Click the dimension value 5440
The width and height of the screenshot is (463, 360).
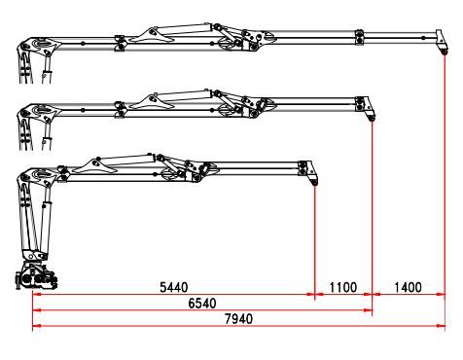pos(174,287)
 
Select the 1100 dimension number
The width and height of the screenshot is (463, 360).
pos(343,287)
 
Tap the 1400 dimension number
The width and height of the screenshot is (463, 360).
pos(408,287)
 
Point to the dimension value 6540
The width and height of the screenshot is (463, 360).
pos(202,304)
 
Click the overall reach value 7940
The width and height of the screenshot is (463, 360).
pos(238,319)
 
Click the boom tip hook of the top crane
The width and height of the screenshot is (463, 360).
pos(445,52)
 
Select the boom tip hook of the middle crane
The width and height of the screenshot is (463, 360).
pos(372,119)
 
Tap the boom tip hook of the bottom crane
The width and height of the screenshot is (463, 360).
pos(314,182)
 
